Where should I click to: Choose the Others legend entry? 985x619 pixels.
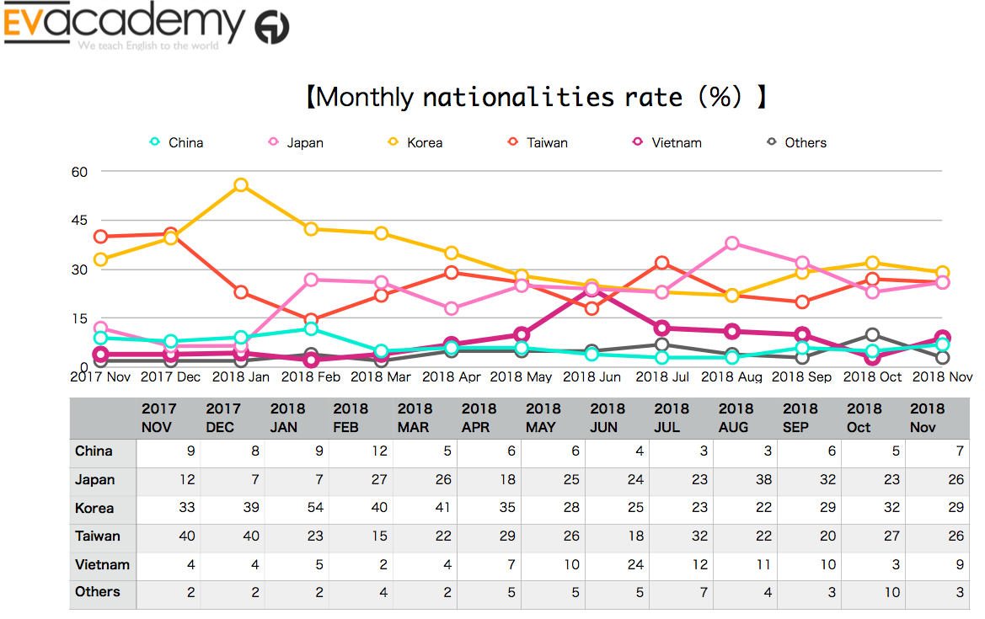(x=796, y=142)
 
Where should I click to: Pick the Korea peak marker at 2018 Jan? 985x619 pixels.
(x=241, y=185)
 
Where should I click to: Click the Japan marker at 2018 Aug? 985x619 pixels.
(x=732, y=243)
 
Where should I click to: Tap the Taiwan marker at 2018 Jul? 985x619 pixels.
(x=662, y=264)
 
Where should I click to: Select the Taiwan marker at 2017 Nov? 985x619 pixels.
(x=101, y=237)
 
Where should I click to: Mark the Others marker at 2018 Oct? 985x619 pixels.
(x=873, y=335)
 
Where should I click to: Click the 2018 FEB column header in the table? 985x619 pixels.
(x=361, y=418)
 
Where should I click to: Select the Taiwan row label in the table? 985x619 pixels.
(x=98, y=536)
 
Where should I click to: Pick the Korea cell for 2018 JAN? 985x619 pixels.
(x=297, y=508)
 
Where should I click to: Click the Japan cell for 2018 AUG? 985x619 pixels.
(x=746, y=480)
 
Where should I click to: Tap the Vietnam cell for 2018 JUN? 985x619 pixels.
(x=618, y=564)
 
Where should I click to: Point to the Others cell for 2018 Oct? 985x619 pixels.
(x=874, y=592)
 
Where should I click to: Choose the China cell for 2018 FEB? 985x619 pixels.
(x=361, y=451)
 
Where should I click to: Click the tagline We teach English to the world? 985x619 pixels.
(x=148, y=46)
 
